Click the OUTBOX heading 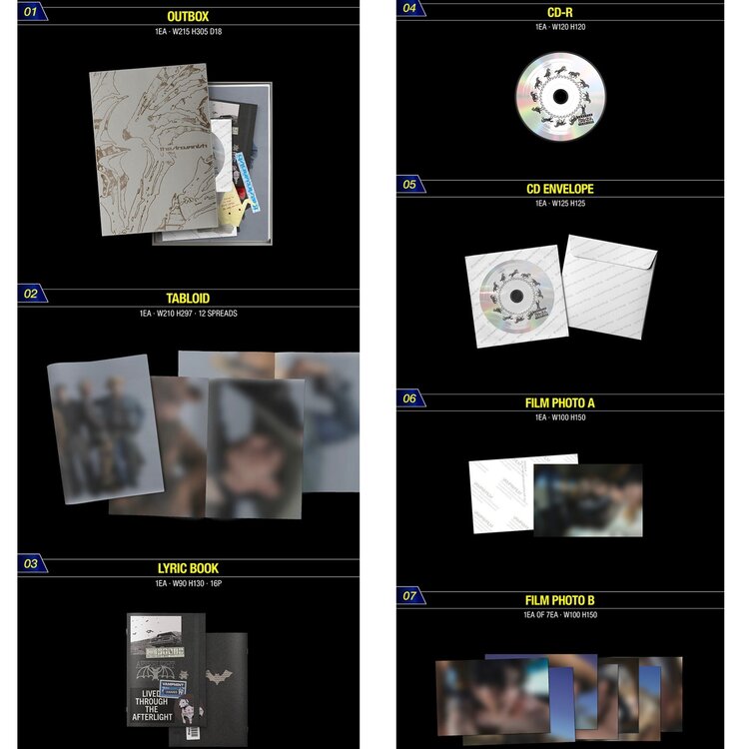(190, 17)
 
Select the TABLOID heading (190, 298)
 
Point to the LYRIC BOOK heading (190, 568)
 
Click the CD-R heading (560, 11)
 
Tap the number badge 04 (409, 7)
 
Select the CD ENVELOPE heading (560, 189)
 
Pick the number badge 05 (409, 185)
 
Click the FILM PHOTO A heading (560, 403)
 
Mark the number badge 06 (409, 399)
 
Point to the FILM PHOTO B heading (560, 600)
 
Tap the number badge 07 (409, 596)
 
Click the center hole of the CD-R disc (560, 97)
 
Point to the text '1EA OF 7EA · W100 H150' (560, 615)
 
